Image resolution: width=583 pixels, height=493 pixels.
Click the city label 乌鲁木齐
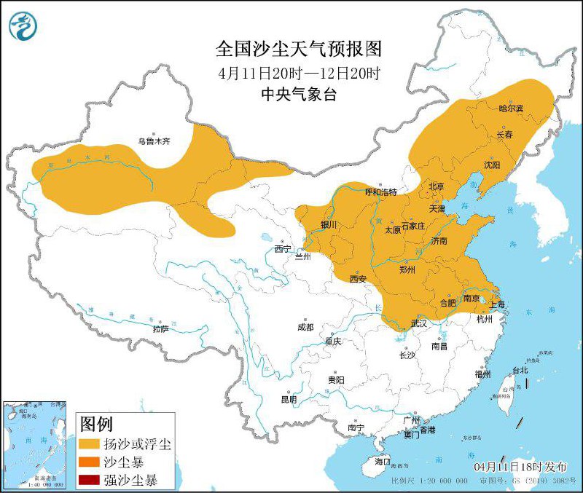(154, 141)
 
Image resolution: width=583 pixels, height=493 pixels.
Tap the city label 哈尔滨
(512, 109)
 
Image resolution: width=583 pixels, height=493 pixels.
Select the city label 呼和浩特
(380, 192)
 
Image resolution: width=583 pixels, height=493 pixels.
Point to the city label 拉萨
(160, 328)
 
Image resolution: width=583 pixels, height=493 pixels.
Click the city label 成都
(305, 327)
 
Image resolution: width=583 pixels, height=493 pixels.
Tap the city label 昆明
(289, 399)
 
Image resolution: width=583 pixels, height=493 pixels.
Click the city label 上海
(498, 304)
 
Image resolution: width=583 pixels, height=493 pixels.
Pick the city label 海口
(383, 462)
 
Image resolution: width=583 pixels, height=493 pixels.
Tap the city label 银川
(329, 225)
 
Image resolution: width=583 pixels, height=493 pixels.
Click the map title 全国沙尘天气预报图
(299, 49)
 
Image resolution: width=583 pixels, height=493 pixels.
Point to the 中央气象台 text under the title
(299, 95)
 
